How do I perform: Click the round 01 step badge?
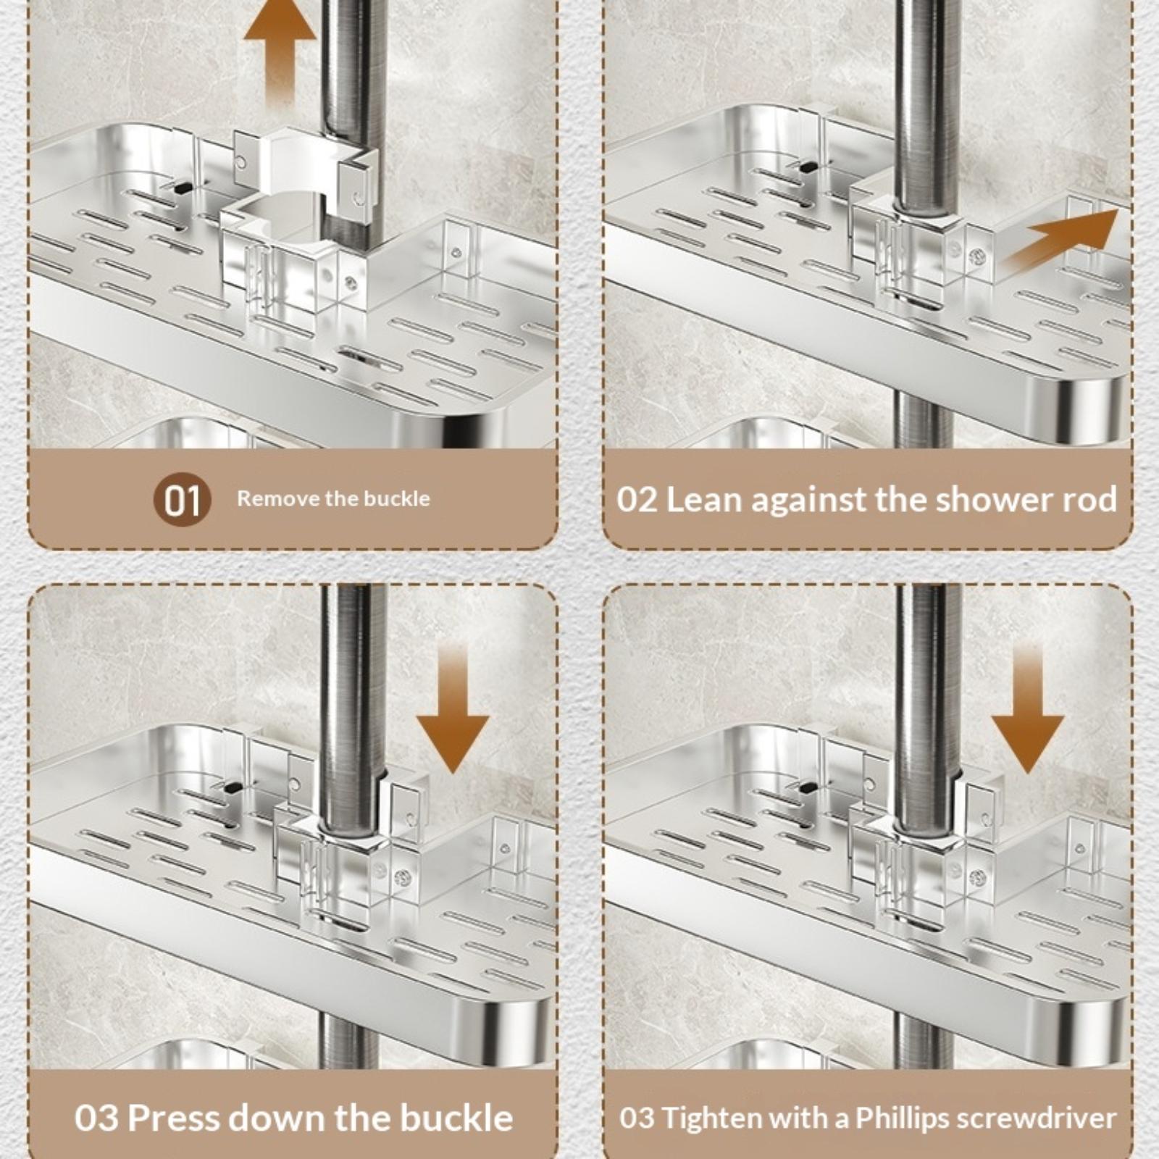click(182, 499)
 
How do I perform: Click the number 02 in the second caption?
click(637, 500)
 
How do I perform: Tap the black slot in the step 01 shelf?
click(183, 187)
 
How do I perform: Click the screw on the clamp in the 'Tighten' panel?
click(978, 879)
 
